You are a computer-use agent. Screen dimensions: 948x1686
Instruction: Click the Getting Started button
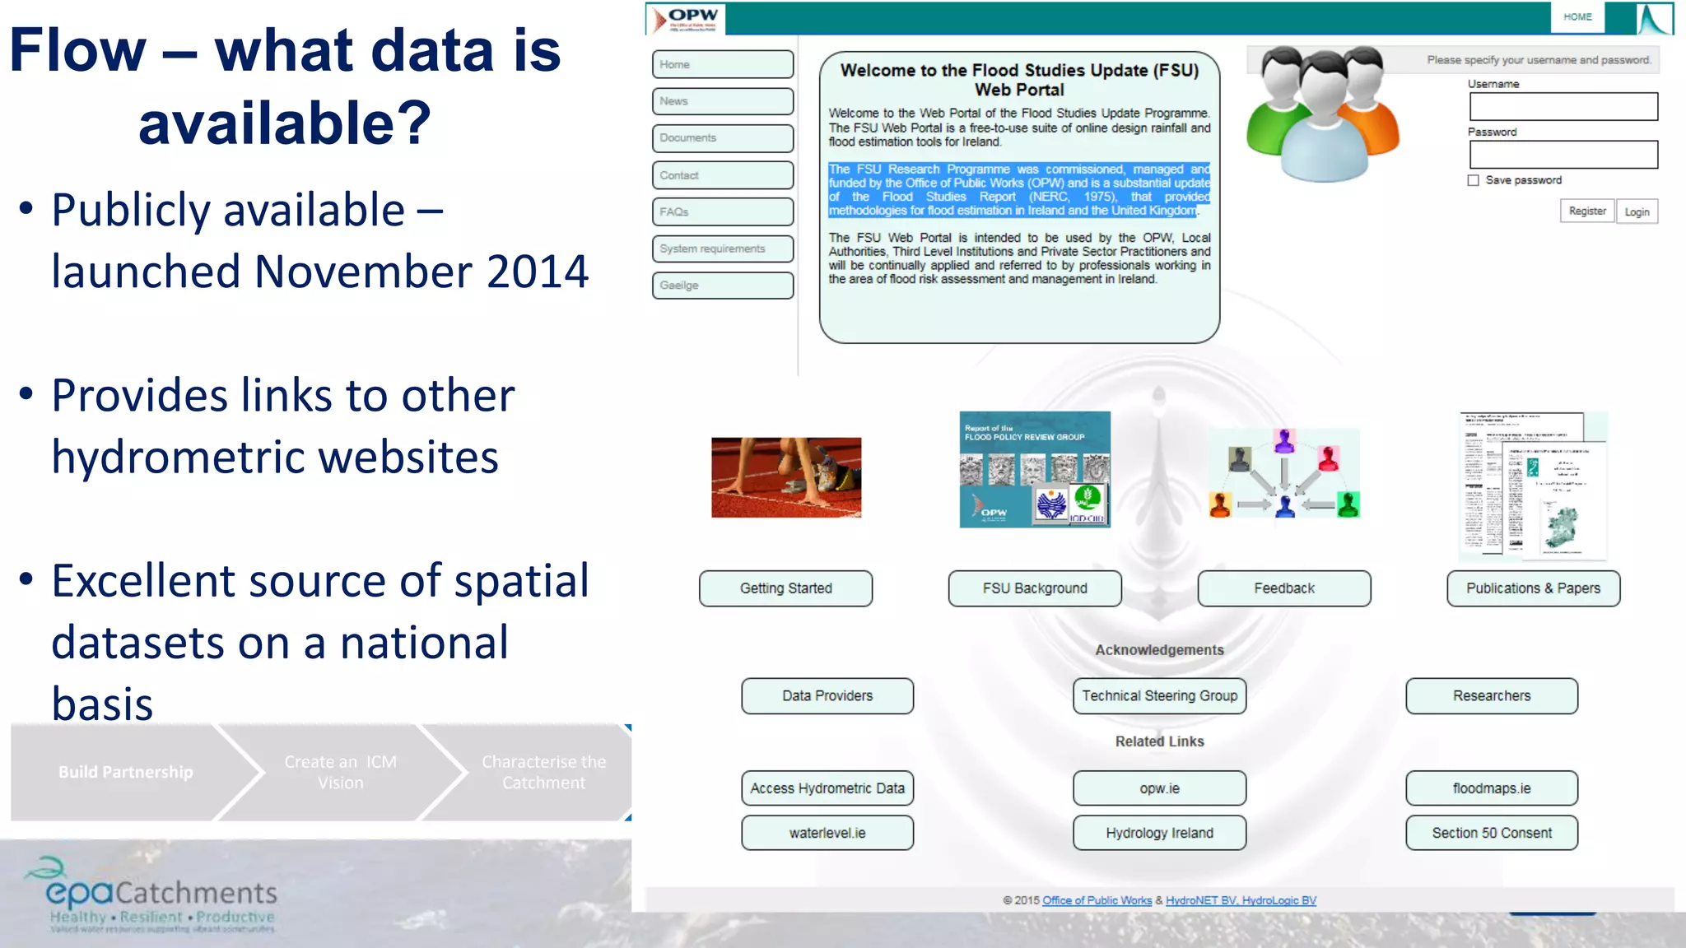[785, 588]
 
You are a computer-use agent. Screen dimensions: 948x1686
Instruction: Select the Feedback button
[1283, 588]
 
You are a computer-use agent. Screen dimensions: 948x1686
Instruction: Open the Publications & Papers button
[1533, 588]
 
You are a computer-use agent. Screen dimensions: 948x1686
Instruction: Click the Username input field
[1563, 107]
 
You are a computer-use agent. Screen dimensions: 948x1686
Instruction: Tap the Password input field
[1563, 155]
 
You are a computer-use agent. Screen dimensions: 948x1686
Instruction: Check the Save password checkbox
[1474, 180]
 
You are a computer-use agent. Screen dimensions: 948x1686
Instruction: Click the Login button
[1637, 211]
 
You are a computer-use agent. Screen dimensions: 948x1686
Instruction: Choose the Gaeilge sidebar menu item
[722, 286]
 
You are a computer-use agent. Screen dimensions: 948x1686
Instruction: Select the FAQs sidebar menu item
[722, 211]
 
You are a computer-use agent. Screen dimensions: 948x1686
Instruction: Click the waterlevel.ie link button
[827, 833]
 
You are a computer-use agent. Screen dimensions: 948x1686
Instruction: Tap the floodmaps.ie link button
[1491, 788]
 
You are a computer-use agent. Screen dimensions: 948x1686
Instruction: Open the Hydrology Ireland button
[1159, 833]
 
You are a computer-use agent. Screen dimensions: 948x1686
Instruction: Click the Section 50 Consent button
[1491, 833]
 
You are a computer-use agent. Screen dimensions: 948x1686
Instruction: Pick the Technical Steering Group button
[1159, 696]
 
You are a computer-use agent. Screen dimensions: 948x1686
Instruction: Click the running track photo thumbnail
[786, 477]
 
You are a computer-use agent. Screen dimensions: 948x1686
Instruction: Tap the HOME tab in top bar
[1577, 16]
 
